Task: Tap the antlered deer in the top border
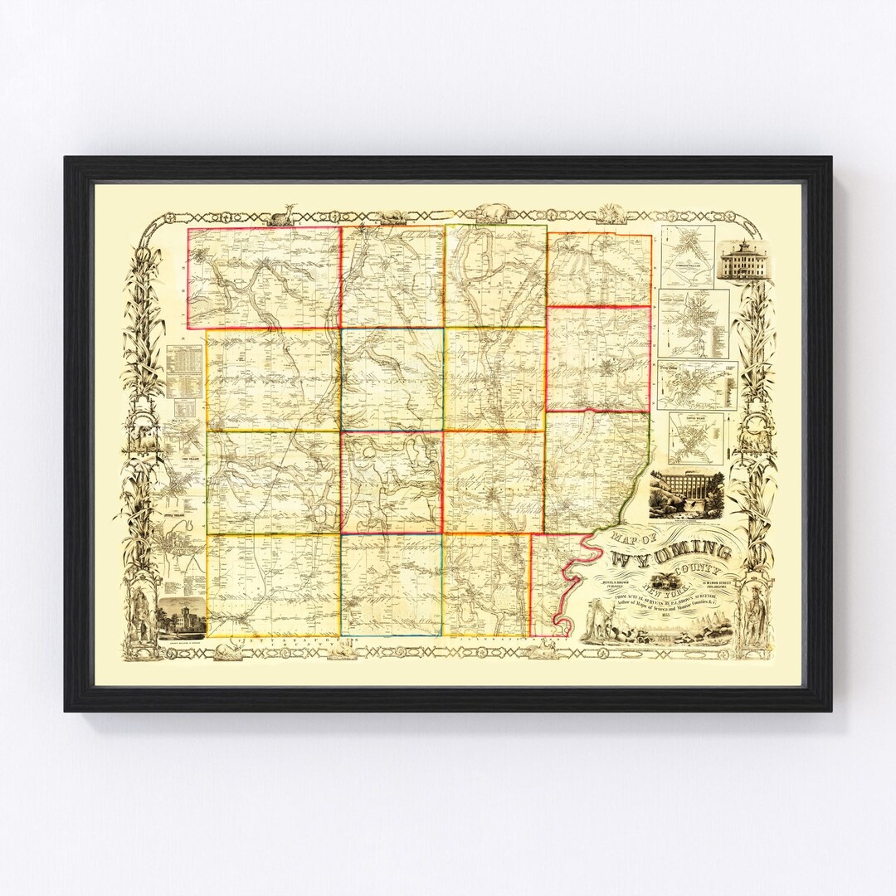[x=285, y=215]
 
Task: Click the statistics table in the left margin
[x=186, y=371]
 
